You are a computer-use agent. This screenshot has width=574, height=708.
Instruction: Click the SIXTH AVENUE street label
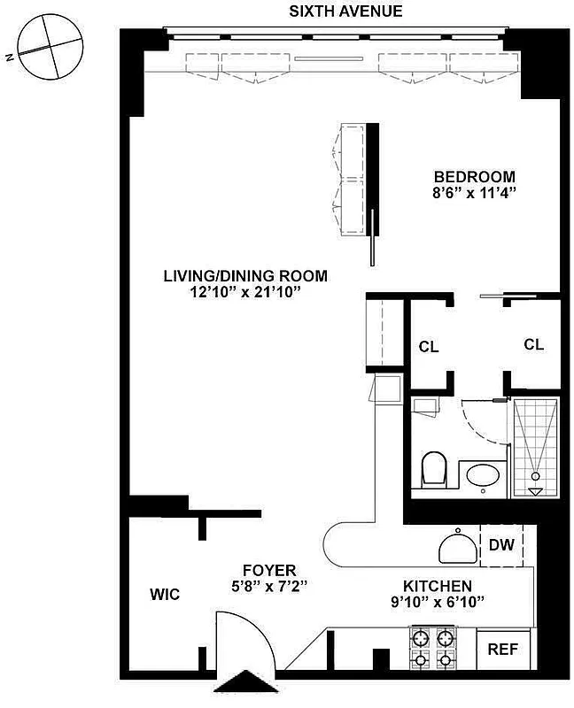pyautogui.click(x=346, y=12)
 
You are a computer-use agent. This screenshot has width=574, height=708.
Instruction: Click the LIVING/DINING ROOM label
pyautogui.click(x=244, y=276)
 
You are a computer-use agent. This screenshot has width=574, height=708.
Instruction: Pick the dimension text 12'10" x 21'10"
pyautogui.click(x=244, y=292)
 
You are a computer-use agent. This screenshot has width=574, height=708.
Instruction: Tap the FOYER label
pyautogui.click(x=270, y=570)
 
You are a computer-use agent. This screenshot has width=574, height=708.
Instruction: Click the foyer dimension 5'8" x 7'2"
pyautogui.click(x=270, y=585)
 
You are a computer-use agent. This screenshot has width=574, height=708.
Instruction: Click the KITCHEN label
pyautogui.click(x=438, y=586)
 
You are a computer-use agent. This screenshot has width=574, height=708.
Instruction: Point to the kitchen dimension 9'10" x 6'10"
pyautogui.click(x=438, y=602)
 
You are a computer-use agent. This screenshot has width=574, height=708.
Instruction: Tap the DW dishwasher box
pyautogui.click(x=500, y=545)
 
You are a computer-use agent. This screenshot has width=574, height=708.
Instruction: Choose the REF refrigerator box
pyautogui.click(x=504, y=650)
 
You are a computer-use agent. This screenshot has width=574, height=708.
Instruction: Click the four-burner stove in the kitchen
pyautogui.click(x=432, y=648)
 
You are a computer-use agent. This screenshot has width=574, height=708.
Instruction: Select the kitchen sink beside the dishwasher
pyautogui.click(x=458, y=546)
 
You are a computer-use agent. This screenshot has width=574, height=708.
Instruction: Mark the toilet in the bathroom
pyautogui.click(x=434, y=469)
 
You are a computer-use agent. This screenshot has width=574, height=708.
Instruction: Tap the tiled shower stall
pyautogui.click(x=535, y=447)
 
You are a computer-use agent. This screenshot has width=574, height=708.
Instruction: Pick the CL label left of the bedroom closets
pyautogui.click(x=429, y=347)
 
